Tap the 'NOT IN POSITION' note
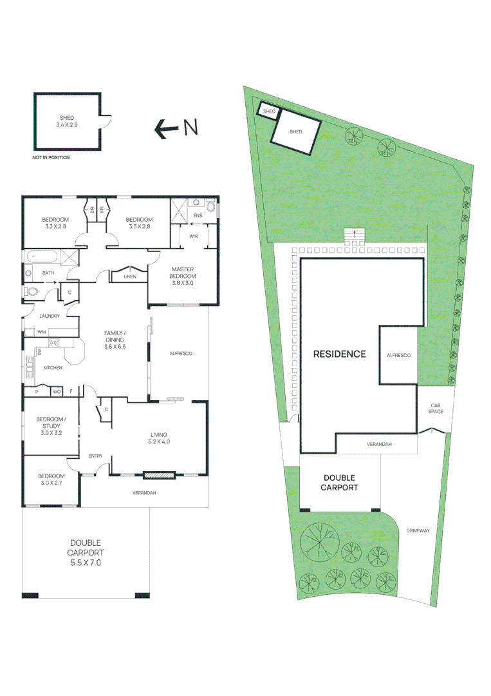click(x=51, y=157)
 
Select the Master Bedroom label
click(x=181, y=275)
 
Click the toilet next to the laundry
click(x=31, y=292)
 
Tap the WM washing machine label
click(x=41, y=331)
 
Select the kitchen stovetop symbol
click(x=53, y=343)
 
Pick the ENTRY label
click(x=95, y=456)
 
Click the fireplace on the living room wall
click(x=159, y=476)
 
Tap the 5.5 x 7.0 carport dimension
click(x=86, y=562)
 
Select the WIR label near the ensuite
click(x=193, y=237)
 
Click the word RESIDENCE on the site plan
click(x=339, y=354)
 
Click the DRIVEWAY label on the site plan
click(x=418, y=531)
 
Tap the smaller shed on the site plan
click(x=268, y=111)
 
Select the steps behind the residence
click(x=353, y=235)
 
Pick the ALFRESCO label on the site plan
click(x=398, y=355)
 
